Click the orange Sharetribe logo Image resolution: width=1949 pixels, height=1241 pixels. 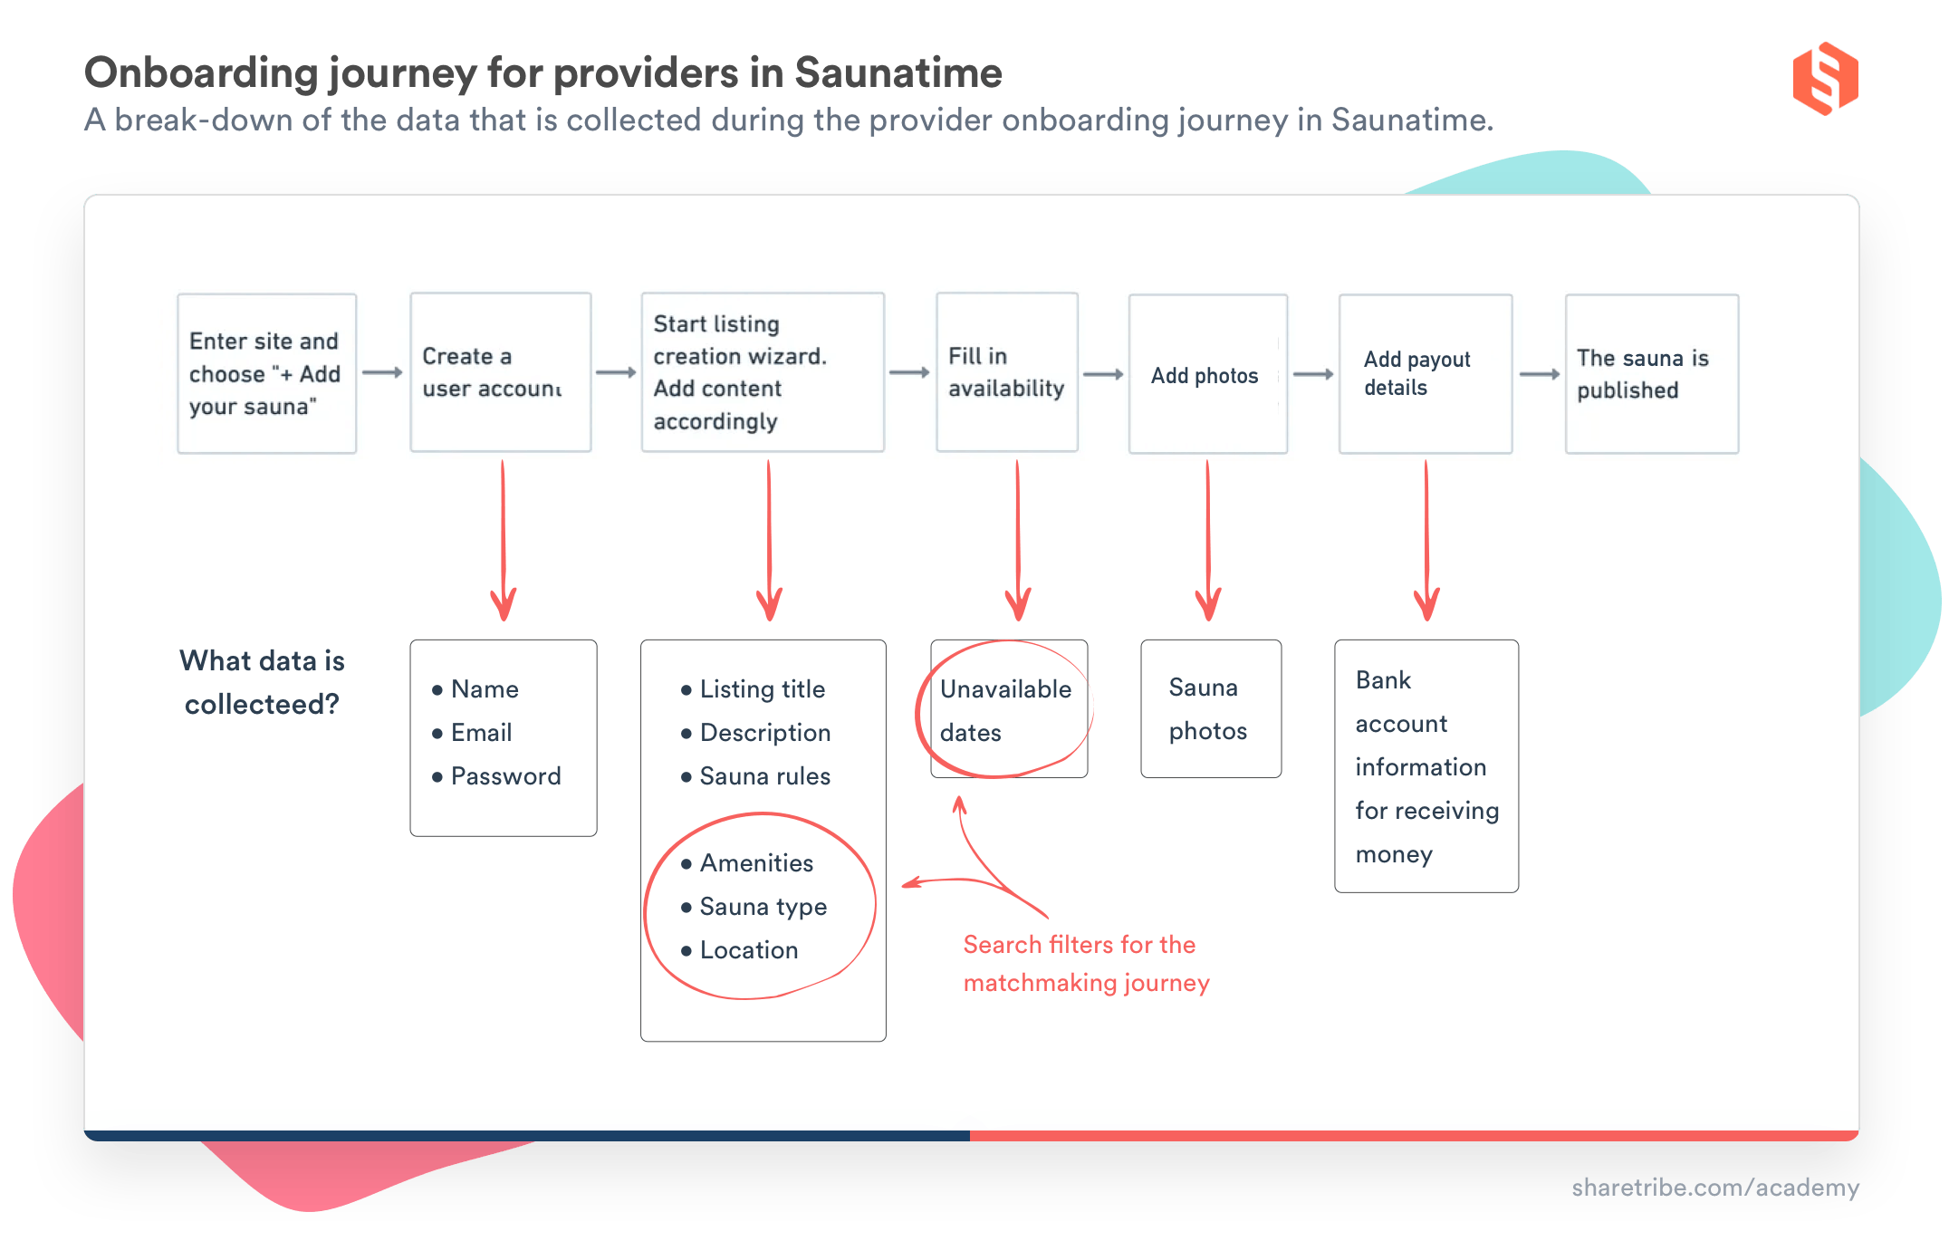point(1824,79)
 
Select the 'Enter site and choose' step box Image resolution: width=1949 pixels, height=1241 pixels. point(266,373)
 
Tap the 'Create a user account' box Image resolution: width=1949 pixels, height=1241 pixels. point(500,372)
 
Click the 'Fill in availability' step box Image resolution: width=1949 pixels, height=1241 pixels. point(1006,372)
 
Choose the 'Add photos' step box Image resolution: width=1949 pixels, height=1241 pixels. point(1207,374)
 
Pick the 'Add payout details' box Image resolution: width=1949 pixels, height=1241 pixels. point(1425,373)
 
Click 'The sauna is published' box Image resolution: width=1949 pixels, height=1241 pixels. point(1651,374)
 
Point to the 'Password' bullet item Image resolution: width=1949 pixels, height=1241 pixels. point(505,776)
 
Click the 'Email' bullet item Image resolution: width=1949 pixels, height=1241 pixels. point(481,733)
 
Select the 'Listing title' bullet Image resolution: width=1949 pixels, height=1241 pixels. point(762,689)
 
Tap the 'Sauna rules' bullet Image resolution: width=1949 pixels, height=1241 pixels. point(764,776)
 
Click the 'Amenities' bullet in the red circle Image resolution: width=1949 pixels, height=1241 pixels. point(756,863)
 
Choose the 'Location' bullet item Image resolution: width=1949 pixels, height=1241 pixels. point(748,950)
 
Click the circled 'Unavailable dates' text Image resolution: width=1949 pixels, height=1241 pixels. point(1005,710)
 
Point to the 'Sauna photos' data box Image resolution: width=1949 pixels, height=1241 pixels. point(1210,708)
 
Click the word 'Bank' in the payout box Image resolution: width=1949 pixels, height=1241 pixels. point(1383,680)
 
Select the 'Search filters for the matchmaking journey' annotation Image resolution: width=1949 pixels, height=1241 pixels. point(1086,964)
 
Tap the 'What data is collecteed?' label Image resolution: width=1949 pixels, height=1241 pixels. point(262,682)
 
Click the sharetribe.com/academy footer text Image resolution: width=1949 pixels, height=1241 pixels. point(1714,1188)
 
